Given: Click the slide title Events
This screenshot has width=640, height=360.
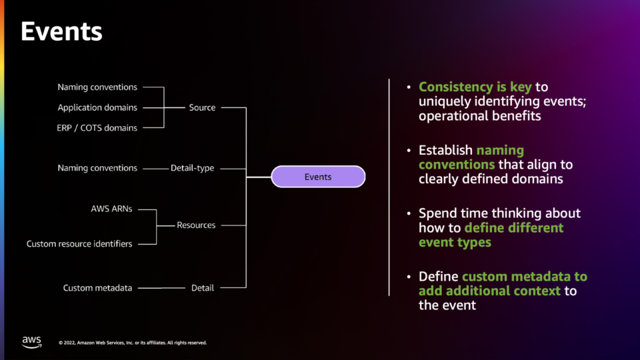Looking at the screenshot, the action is tap(61, 31).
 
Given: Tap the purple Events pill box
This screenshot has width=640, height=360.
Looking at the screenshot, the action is tap(318, 177).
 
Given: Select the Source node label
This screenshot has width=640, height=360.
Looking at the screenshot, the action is tap(202, 107).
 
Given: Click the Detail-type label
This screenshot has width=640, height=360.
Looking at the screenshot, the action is tap(192, 168).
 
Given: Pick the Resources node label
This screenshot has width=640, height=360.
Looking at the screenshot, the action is tap(196, 225).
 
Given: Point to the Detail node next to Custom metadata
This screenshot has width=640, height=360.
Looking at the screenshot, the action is tap(203, 288).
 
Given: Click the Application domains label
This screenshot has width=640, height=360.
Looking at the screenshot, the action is tap(97, 107).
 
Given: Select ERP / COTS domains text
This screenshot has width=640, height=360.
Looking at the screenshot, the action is tap(97, 128).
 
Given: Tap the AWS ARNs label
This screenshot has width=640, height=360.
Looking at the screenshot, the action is tap(111, 209).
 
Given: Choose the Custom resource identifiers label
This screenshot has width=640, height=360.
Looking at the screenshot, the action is tap(79, 244).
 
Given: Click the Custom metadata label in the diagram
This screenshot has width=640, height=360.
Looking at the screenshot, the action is tap(97, 288).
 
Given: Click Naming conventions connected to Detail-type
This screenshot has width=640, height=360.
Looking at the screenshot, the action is tap(97, 168).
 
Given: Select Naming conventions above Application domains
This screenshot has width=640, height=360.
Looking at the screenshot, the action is tap(97, 87).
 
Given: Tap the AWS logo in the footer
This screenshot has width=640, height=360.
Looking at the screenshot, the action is tap(32, 342).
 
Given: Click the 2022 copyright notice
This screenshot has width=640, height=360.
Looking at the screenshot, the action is tap(133, 343).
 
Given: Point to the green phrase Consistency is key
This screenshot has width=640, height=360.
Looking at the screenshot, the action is tap(475, 87).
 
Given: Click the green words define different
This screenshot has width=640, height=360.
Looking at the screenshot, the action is tap(514, 228).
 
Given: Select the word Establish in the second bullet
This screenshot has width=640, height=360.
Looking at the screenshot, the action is tap(445, 150).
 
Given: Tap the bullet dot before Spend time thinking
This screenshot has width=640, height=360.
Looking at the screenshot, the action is tap(409, 213).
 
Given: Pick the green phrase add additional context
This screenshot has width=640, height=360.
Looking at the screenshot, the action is tap(489, 291).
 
